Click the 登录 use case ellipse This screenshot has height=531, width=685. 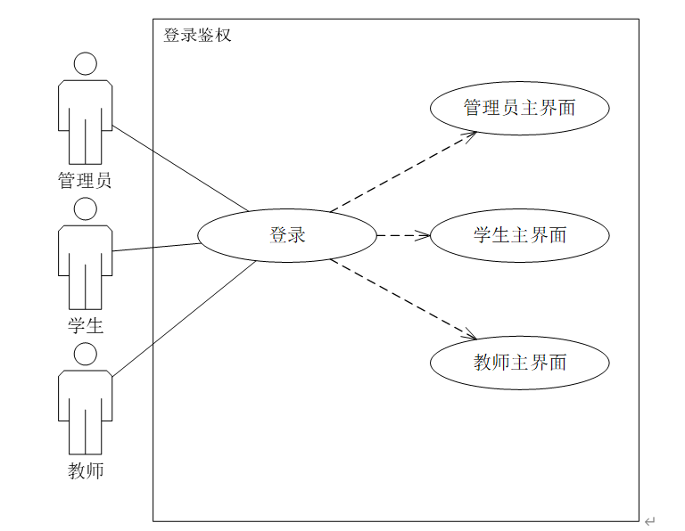287,236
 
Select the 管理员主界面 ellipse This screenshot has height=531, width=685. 519,109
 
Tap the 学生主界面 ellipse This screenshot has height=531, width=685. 519,236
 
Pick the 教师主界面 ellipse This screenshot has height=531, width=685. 519,363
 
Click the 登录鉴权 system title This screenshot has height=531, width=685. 197,36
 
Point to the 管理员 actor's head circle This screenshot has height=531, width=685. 85,64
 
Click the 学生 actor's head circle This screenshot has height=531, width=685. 85,209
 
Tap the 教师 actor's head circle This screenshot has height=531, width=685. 85,355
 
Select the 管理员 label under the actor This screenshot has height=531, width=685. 85,181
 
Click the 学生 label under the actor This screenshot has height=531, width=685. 86,326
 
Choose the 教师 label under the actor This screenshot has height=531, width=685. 86,470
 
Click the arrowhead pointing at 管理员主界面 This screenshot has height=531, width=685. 470,135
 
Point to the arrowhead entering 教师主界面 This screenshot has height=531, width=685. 470,336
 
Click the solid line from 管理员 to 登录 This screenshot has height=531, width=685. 178,168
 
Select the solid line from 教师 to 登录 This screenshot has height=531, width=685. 183,318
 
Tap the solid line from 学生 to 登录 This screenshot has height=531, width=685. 156,247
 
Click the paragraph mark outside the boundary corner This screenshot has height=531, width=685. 649,521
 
